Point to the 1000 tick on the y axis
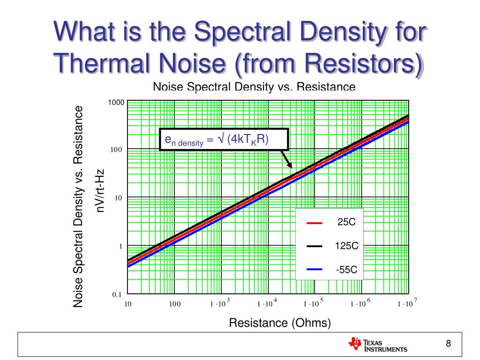pyautogui.click(x=116, y=102)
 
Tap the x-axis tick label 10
pyautogui.click(x=127, y=304)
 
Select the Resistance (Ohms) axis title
pyautogui.click(x=280, y=323)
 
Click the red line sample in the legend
pyautogui.click(x=315, y=223)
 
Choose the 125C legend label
pyautogui.click(x=346, y=245)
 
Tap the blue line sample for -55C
pyautogui.click(x=315, y=269)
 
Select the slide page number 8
pyautogui.click(x=448, y=344)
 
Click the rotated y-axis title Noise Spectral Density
pyautogui.click(x=78, y=207)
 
